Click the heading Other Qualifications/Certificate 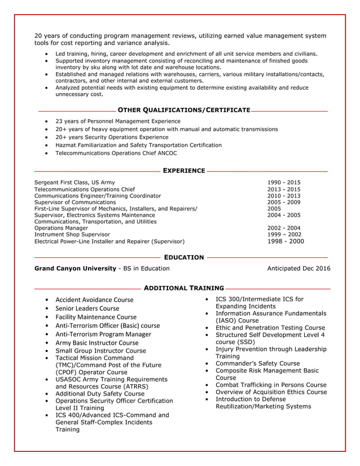(183, 109)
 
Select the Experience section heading (183, 170)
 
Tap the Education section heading (183, 257)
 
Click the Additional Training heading (183, 288)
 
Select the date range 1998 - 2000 (285, 241)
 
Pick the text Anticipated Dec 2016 (298, 269)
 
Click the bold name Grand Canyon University (74, 269)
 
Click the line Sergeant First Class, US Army (74, 182)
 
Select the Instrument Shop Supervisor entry (72, 234)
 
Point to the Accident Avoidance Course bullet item (94, 300)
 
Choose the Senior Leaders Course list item (87, 309)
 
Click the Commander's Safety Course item (257, 363)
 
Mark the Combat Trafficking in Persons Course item (271, 385)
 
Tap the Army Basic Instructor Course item (96, 342)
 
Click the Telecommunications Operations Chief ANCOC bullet (116, 153)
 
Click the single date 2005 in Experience (275, 209)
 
